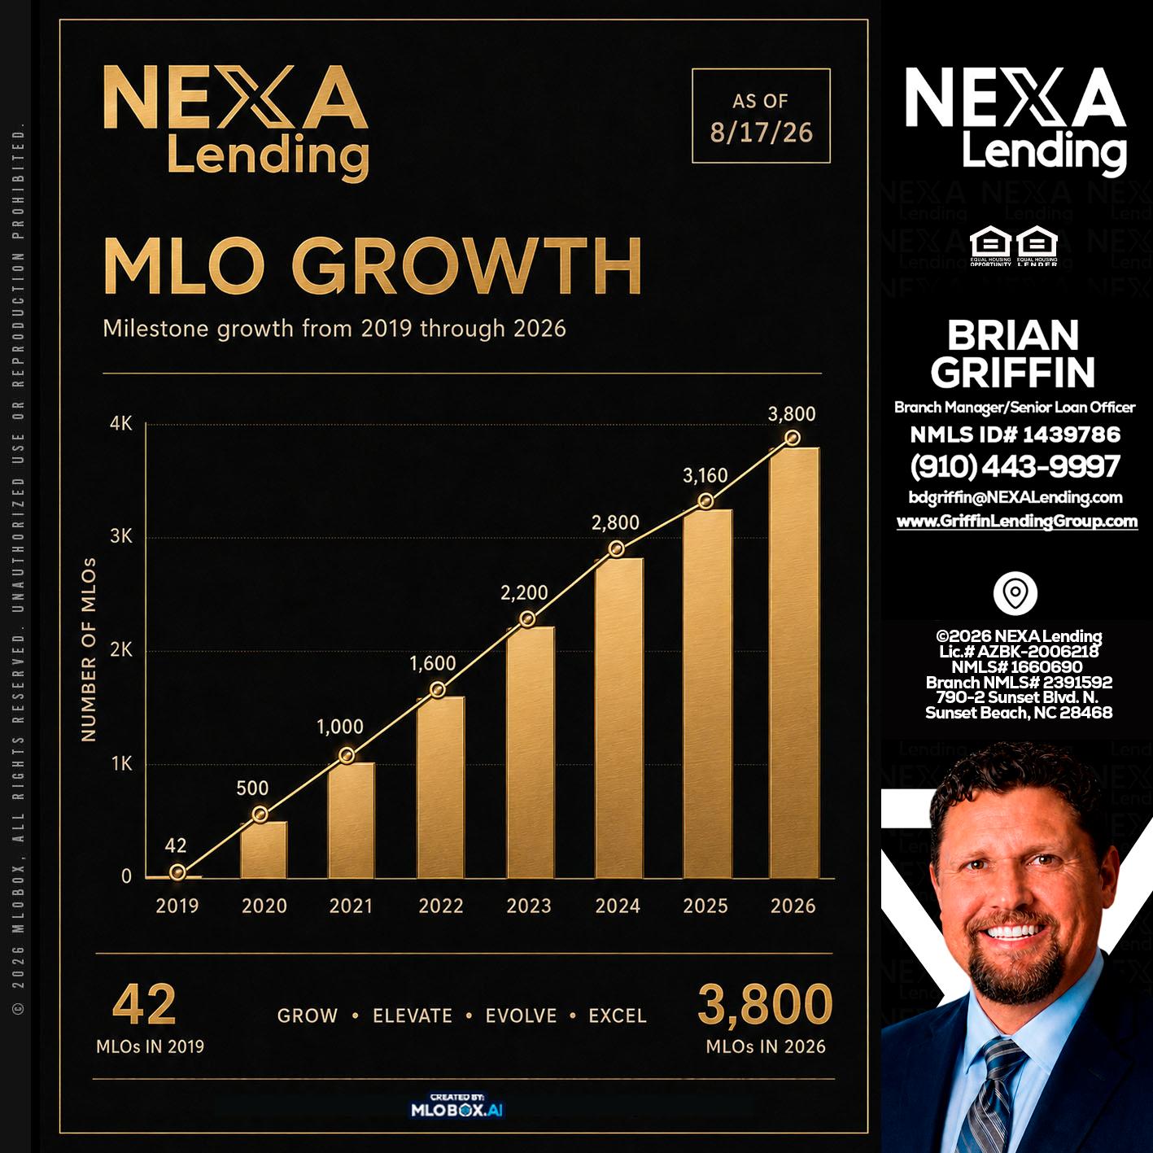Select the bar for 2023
pos(531,752)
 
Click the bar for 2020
pos(264,849)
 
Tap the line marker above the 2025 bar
pos(706,500)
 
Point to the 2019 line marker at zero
pos(177,872)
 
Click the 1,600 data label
pos(433,663)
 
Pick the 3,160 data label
pos(705,476)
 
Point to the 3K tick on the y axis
pos(121,536)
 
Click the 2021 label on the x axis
pos(351,906)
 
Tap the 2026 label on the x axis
pos(793,906)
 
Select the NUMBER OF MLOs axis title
pos(89,650)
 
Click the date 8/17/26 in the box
pos(761,133)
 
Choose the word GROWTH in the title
pos(467,265)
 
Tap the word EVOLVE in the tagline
pos(521,1015)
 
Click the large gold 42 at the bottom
pos(144,1005)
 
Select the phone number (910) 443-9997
pos(1015,466)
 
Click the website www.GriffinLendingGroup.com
pos(1016,521)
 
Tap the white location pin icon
pos(1015,593)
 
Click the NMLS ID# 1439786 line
pos(1015,435)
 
